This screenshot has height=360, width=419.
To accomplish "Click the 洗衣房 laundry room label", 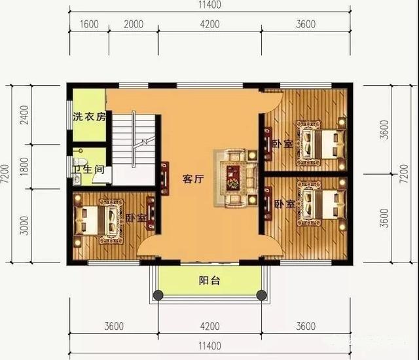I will pos(89,118).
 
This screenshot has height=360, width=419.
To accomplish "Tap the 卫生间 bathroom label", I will pos(88,169).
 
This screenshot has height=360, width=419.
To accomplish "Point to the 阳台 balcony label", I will pos(209,281).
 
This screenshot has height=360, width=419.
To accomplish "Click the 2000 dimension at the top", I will pos(134,25).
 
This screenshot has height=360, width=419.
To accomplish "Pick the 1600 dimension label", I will pos(89,25).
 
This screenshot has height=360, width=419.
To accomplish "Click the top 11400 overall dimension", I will pos(209,5).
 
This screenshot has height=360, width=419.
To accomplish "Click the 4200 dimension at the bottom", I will pos(209,326).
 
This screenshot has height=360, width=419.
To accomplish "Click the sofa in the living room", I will pos(233,177).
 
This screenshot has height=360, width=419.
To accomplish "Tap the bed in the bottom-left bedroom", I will pos(99,222).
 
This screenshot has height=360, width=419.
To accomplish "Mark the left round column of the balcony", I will pos(158,295).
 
